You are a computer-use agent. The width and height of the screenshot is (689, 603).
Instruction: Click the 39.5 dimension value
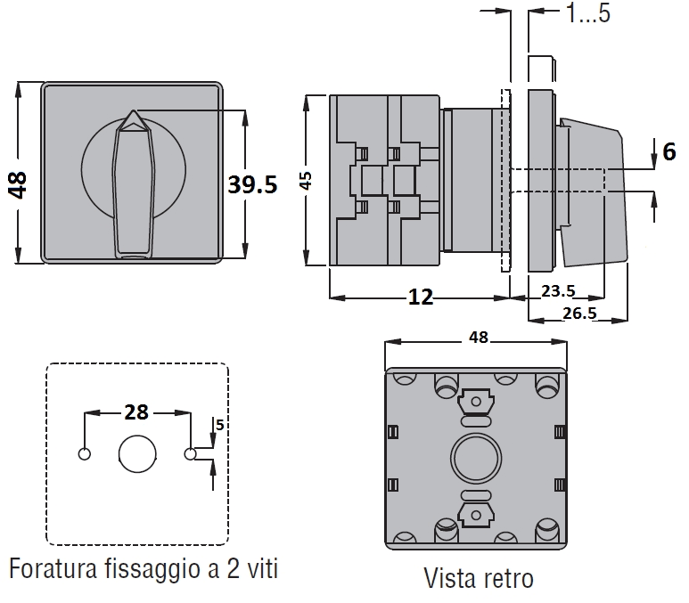pyautogui.click(x=252, y=184)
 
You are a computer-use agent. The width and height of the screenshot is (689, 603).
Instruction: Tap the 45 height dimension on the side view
pyautogui.click(x=306, y=181)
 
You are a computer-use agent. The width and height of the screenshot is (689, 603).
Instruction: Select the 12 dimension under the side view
pyautogui.click(x=421, y=297)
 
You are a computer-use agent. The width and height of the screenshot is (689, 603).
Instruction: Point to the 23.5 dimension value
pyautogui.click(x=557, y=290)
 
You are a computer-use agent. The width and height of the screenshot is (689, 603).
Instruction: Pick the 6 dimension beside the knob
pyautogui.click(x=668, y=152)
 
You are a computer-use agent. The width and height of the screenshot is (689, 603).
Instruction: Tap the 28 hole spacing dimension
pyautogui.click(x=136, y=412)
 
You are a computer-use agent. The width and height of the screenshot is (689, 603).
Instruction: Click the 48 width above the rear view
pyautogui.click(x=478, y=337)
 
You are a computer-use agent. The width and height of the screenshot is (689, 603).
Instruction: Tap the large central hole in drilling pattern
pyautogui.click(x=137, y=454)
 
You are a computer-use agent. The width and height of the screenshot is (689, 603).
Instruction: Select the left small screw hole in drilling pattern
pyautogui.click(x=85, y=454)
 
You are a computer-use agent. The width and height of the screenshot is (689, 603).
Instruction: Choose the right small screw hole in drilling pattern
pyautogui.click(x=190, y=454)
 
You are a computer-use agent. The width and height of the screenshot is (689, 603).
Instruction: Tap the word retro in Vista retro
pyautogui.click(x=508, y=578)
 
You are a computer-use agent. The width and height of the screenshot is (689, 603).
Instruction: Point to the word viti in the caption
pyautogui.click(x=257, y=567)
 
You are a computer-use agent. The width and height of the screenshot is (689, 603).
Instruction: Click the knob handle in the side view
pyautogui.click(x=593, y=191)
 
